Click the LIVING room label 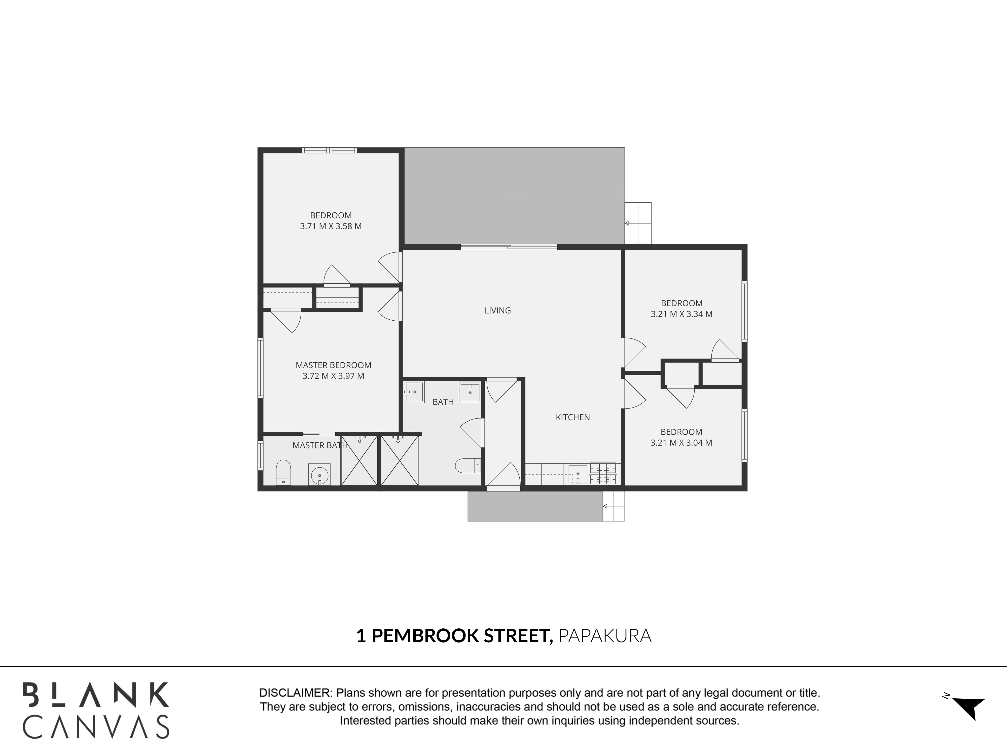[x=497, y=310]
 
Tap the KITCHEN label [x=573, y=417]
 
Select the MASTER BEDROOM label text [x=333, y=365]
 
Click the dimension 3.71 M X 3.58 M [x=331, y=226]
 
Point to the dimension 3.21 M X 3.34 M [x=681, y=314]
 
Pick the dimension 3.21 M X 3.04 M [x=681, y=443]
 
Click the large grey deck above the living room [x=514, y=196]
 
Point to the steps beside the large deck [x=638, y=223]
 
